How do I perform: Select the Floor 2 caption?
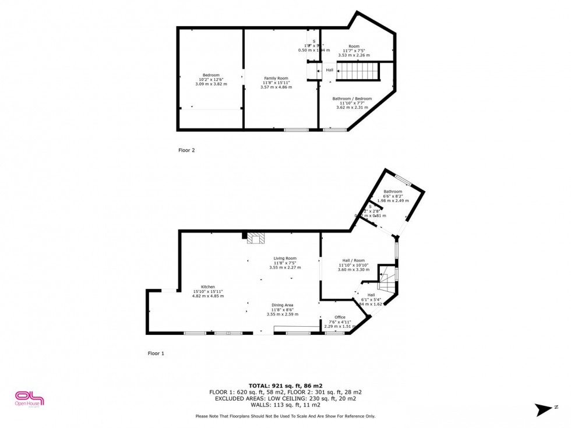(186, 150)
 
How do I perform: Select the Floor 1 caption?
(156, 353)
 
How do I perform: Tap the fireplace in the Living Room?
(255, 238)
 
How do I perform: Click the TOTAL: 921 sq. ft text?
(285, 385)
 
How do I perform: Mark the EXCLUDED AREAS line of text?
(285, 398)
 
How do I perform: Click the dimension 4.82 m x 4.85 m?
(208, 296)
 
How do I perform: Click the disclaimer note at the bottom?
(285, 416)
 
